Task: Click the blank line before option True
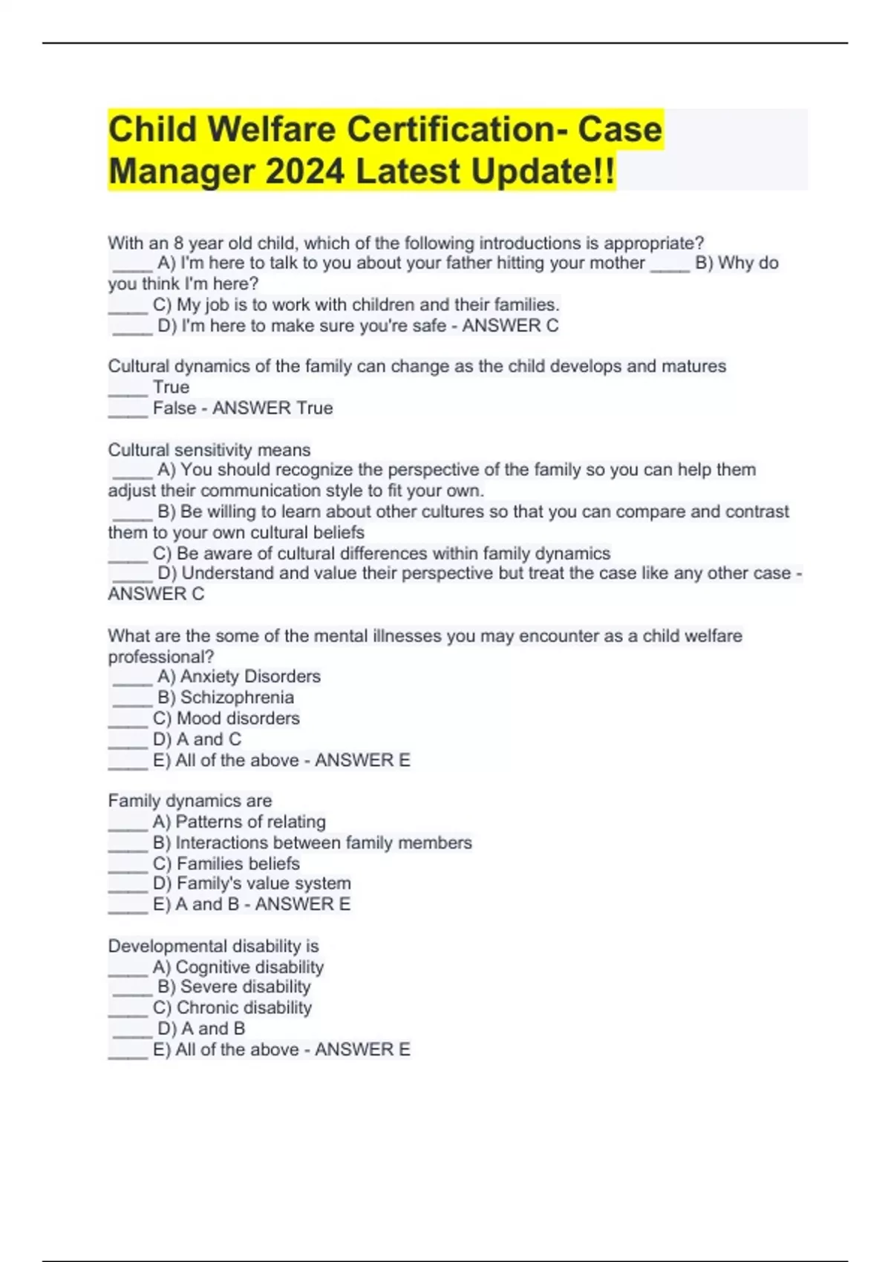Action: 128,388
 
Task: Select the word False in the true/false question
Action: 174,408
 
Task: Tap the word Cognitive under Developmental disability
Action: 212,967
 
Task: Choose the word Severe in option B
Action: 204,987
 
